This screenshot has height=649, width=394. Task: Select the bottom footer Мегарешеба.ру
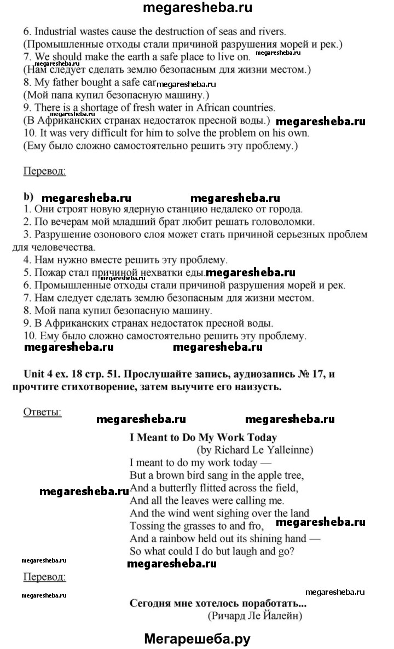[197, 638]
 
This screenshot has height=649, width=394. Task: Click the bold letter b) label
[28, 196]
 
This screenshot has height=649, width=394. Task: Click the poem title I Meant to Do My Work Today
[203, 437]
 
